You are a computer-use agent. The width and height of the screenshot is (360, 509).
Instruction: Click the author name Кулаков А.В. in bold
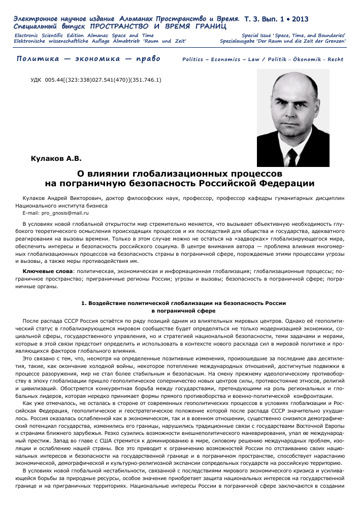[56, 159]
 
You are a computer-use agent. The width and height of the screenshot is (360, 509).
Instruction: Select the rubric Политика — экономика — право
[88, 59]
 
